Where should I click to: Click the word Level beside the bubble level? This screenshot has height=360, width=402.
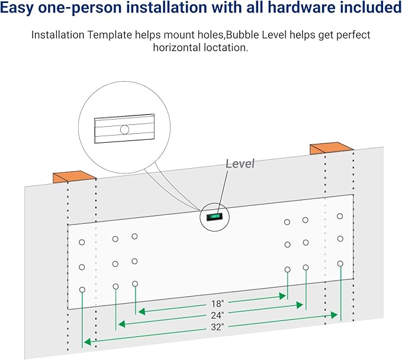240,163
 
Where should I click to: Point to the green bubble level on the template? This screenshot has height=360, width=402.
214,217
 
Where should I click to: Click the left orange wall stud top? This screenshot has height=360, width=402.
75,176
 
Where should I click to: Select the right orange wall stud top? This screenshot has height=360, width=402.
331,147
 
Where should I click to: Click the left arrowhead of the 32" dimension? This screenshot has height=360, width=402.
86,342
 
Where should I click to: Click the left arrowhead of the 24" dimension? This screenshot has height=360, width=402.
121,323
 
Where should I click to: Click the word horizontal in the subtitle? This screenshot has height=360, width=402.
176,47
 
